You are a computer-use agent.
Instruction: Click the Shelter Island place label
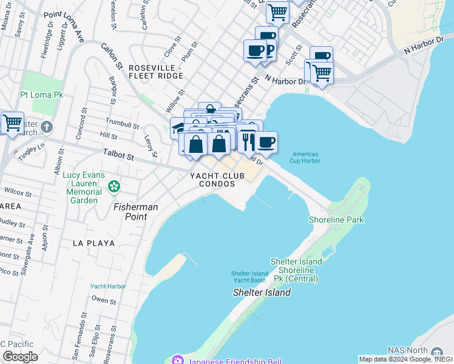pyautogui.click(x=262, y=292)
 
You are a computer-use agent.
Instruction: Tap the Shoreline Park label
pyautogui.click(x=336, y=220)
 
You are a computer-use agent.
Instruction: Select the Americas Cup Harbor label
pyautogui.click(x=305, y=158)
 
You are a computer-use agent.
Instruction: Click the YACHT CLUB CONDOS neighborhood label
pyautogui.click(x=217, y=180)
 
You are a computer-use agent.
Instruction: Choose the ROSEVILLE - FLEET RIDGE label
pyautogui.click(x=155, y=72)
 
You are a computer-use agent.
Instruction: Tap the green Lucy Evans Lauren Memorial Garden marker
pyautogui.click(x=113, y=186)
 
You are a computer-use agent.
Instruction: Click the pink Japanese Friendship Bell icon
pyautogui.click(x=177, y=359)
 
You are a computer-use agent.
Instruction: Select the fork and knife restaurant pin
pyautogui.click(x=246, y=141)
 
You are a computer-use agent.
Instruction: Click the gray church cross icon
pyautogui.click(x=47, y=127)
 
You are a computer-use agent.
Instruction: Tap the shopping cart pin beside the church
pyautogui.click(x=12, y=123)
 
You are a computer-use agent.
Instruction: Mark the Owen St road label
pyautogui.click(x=104, y=300)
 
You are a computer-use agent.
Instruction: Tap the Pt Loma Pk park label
pyautogui.click(x=41, y=95)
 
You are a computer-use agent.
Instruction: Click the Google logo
pyautogui.click(x=20, y=356)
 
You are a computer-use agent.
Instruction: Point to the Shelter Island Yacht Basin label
pyautogui.click(x=249, y=277)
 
